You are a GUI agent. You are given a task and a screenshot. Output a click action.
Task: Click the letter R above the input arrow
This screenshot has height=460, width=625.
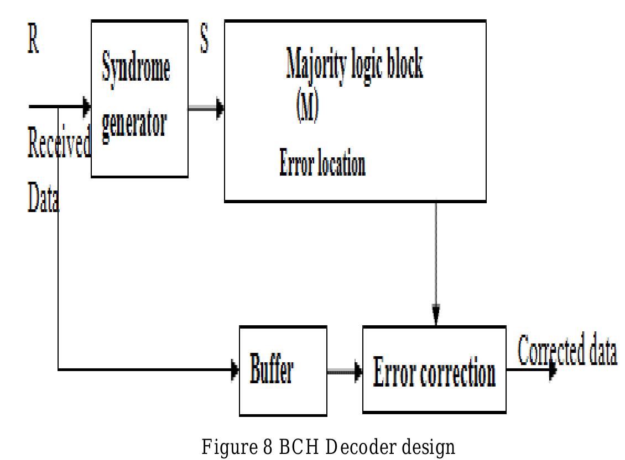(x=34, y=43)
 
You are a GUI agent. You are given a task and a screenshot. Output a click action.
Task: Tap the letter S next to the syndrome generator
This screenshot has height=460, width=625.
(x=204, y=42)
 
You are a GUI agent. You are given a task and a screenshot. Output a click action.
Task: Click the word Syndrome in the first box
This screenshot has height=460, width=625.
(x=136, y=69)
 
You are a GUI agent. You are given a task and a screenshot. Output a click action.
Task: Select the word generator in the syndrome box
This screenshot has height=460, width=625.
(x=134, y=124)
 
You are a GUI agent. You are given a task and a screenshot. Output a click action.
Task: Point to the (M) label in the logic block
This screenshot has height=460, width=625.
(x=307, y=109)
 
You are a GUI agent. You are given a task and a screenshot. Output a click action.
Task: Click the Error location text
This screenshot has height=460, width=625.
(x=322, y=164)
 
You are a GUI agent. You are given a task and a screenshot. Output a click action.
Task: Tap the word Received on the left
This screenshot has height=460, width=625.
(x=58, y=146)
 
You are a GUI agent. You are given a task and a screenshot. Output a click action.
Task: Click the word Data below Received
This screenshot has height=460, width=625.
(x=43, y=199)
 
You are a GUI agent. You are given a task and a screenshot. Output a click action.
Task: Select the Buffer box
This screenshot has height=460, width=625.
(x=283, y=371)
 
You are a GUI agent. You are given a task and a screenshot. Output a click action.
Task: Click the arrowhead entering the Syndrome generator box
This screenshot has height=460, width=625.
(x=86, y=105)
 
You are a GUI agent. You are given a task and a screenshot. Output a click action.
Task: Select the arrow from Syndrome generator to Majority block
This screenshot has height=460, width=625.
(x=206, y=109)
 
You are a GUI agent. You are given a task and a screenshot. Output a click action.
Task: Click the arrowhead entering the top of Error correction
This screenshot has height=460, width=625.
(x=436, y=316)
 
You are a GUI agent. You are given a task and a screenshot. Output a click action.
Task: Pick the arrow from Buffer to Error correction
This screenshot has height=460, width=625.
(x=344, y=373)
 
